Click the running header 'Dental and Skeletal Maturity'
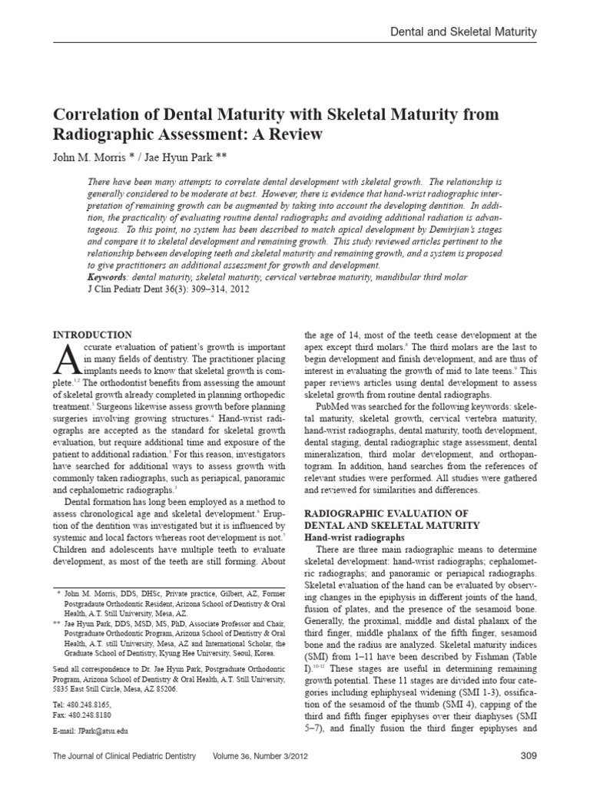(463, 31)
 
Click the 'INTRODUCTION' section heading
(91, 335)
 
